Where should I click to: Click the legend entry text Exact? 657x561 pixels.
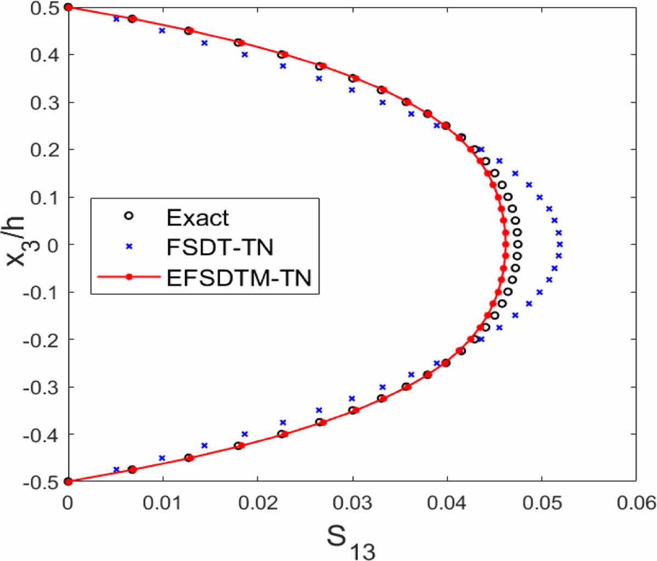coord(197,218)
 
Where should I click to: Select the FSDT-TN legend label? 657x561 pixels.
coord(219,247)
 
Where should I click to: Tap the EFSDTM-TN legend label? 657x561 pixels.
coord(238,277)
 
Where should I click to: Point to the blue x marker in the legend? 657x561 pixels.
coord(129,247)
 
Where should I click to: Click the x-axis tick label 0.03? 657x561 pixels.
coord(352,502)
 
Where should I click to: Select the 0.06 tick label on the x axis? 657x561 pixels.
coord(636,502)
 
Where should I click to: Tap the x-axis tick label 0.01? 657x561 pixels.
coord(163,502)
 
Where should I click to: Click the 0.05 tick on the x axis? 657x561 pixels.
coord(541,502)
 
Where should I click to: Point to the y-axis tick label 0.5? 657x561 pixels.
coord(45,8)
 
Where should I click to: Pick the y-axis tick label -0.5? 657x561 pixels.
coord(42,482)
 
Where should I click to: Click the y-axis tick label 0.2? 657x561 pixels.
coord(45,150)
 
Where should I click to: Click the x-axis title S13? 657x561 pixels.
coord(351,540)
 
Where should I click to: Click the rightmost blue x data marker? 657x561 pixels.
coord(559,244)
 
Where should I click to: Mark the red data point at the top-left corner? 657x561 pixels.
coord(68,7)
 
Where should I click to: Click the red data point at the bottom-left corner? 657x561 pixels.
coord(68,482)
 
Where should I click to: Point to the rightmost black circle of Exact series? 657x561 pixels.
coord(518,244)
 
